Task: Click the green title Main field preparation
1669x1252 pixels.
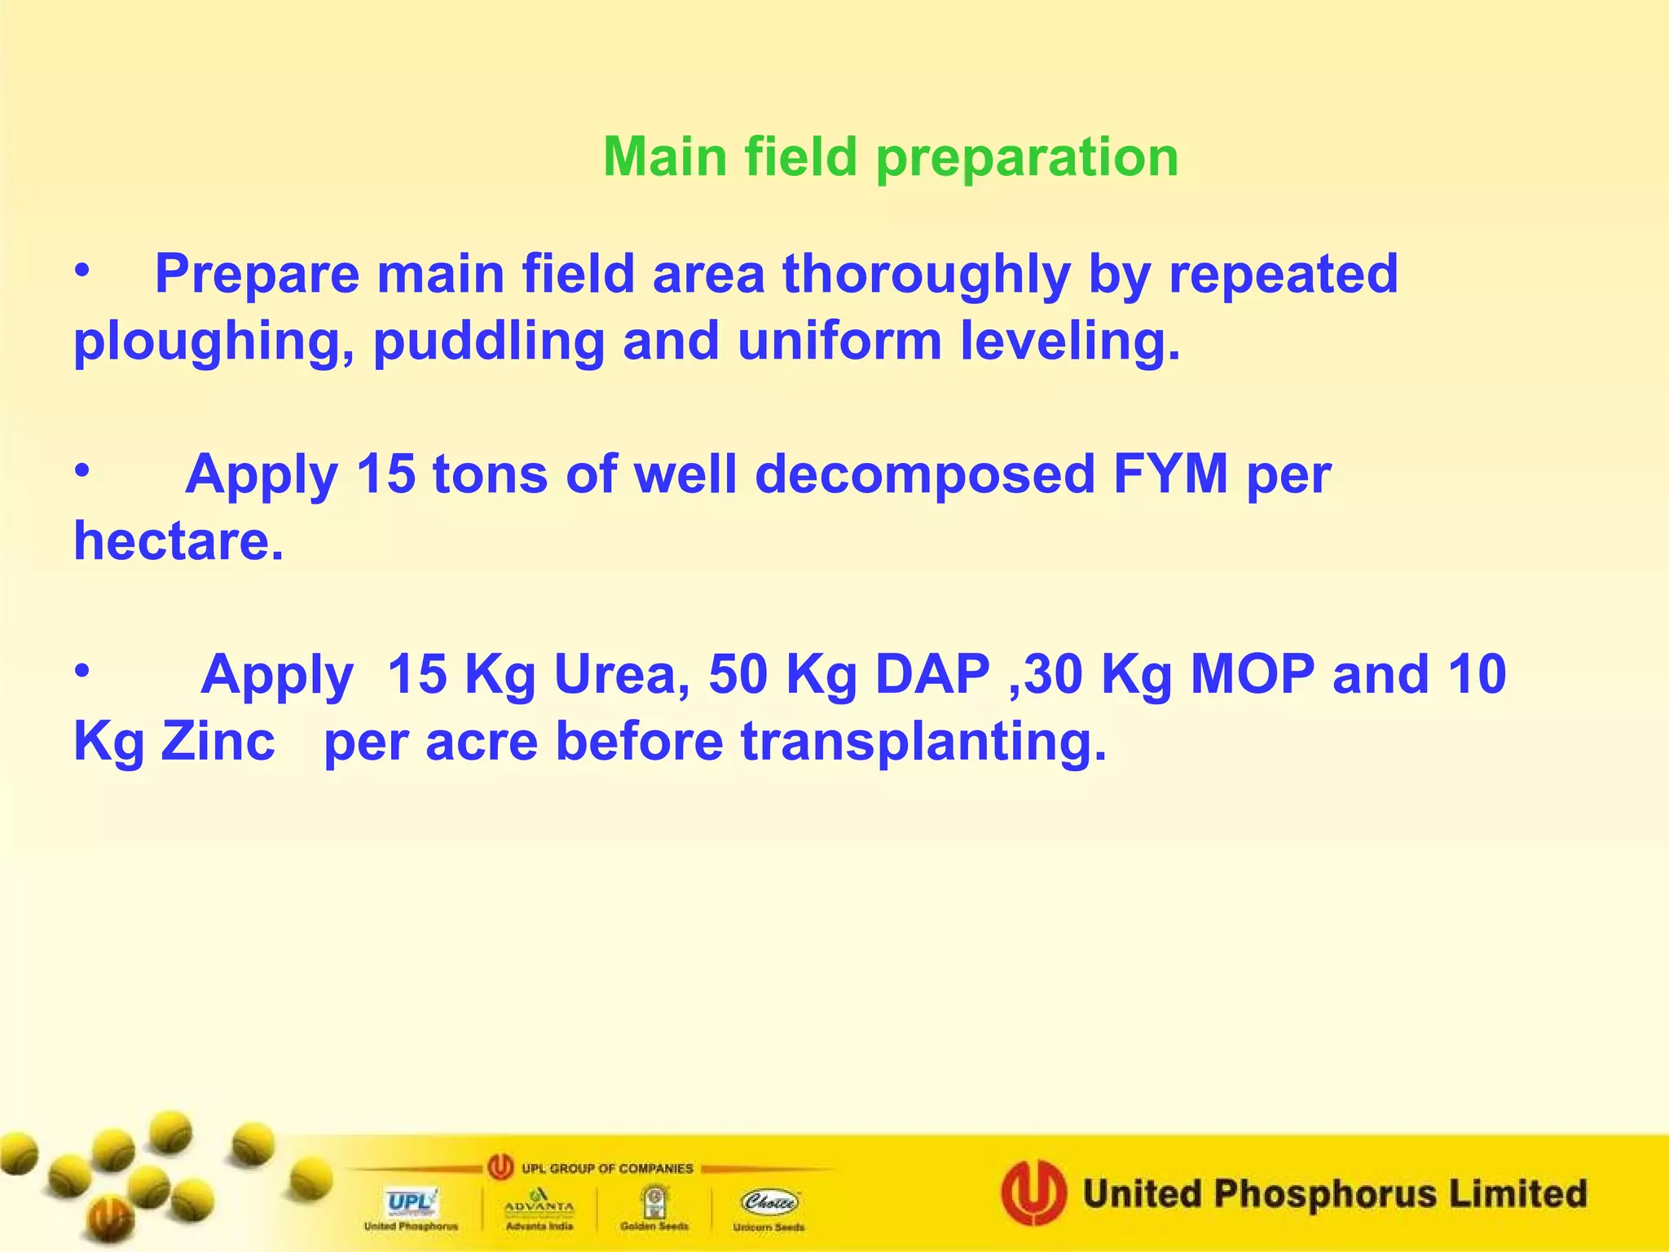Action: tap(890, 156)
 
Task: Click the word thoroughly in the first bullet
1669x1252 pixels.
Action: tap(926, 274)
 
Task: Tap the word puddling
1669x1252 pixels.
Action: tap(488, 341)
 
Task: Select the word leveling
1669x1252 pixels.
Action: tap(1069, 341)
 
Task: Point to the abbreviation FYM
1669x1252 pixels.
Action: tap(1170, 474)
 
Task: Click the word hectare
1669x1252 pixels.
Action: tap(178, 541)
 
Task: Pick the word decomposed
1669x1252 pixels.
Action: tap(924, 475)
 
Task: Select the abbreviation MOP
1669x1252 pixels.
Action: tap(1252, 675)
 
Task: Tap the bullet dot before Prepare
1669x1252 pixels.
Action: tap(81, 272)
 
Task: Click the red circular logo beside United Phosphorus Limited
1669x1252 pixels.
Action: tap(1033, 1193)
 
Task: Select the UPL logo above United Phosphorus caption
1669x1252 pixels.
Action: tap(411, 1202)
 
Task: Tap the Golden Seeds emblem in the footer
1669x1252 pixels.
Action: tap(654, 1201)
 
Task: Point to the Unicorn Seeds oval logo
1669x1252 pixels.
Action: tap(769, 1201)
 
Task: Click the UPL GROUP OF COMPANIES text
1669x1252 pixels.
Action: tap(606, 1168)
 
